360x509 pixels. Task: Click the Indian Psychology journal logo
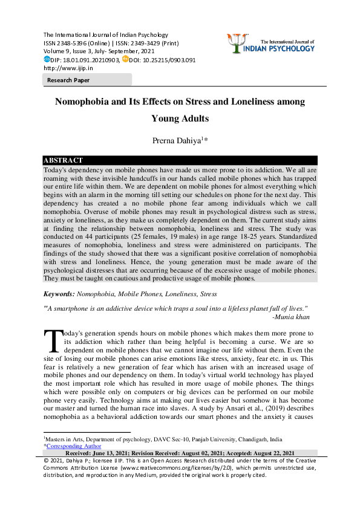(270, 43)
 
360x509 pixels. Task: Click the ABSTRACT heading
(63, 160)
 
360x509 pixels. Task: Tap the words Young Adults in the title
(180, 118)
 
